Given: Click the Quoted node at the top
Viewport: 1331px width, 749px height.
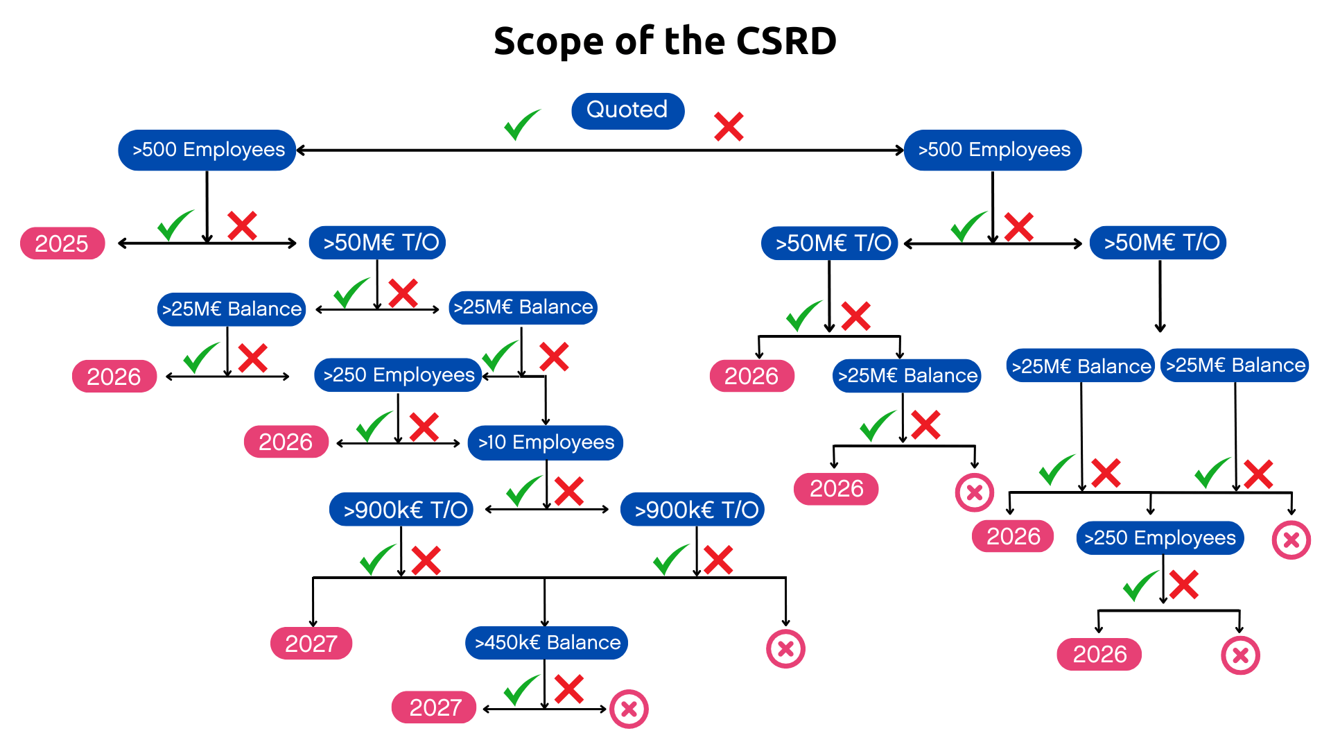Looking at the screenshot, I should pos(627,110).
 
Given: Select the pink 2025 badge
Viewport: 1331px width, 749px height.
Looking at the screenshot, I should pos(62,243).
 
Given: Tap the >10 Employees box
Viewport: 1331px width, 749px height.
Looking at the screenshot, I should pos(546,442).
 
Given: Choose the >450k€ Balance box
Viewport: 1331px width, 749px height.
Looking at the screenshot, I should pos(547,643).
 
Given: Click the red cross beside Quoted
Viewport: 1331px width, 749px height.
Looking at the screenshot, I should pos(729,127).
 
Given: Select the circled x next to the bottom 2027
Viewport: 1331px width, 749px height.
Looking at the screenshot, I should pos(629,709).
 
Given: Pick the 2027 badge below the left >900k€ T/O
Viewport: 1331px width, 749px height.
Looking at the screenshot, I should pos(311,644).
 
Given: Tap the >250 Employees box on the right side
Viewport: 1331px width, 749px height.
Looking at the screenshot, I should pos(1160,538).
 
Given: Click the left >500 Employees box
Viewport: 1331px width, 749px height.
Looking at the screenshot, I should pos(207,150).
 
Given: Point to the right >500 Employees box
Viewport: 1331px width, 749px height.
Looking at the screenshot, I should pos(993,150).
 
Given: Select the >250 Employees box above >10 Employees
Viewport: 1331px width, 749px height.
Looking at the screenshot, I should pos(398,375).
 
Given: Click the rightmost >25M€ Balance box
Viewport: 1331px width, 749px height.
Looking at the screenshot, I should pos(1235,365).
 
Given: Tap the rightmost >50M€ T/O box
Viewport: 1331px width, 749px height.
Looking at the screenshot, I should pos(1158,243).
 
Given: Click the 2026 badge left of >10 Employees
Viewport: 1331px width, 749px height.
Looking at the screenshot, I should pos(286,442).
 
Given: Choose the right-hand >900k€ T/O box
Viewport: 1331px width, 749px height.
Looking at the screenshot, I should pos(693,510).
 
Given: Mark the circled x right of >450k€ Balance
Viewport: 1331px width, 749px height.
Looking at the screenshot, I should pos(785,649).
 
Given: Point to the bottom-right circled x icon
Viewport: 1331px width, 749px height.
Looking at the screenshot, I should pos(1240,655).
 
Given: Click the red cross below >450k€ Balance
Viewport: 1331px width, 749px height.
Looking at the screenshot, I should pos(569,689).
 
